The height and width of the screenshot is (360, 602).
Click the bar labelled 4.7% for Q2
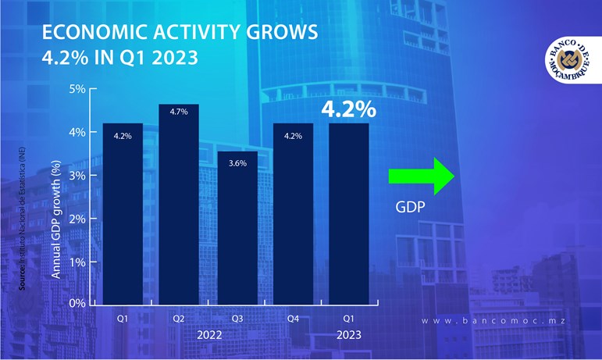coord(179,203)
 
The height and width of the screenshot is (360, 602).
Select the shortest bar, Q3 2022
coord(236,226)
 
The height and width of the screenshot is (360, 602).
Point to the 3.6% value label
coord(236,164)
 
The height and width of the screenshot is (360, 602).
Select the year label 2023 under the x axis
coord(348,336)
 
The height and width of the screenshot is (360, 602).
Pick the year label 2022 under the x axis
coord(207,336)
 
